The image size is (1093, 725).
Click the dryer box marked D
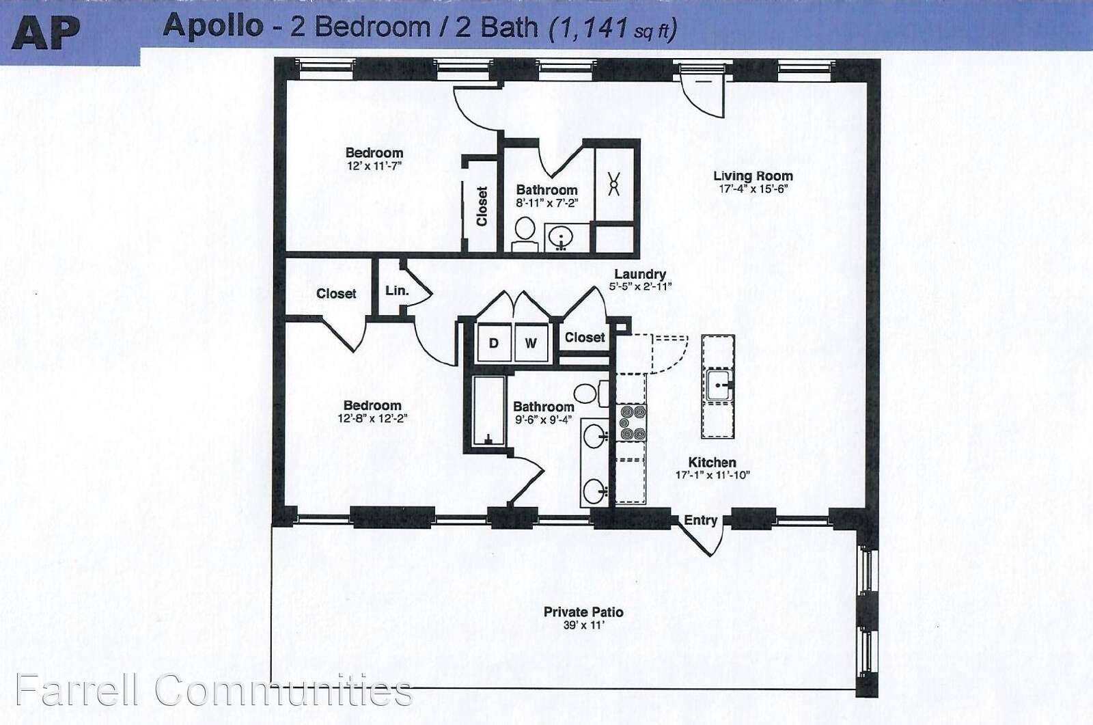click(x=495, y=343)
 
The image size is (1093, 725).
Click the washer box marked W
click(x=531, y=343)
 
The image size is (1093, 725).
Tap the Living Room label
click(x=753, y=176)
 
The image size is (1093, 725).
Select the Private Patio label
click(x=583, y=612)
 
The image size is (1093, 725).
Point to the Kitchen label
click(x=712, y=462)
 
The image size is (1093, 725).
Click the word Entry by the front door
click(x=701, y=521)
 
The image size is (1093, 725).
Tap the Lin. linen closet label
click(x=397, y=290)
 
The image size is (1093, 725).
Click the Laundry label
click(x=640, y=275)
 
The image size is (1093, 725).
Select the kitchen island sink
click(x=718, y=385)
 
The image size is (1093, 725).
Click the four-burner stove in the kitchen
click(x=632, y=423)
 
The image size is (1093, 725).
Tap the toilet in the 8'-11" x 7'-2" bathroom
click(x=525, y=234)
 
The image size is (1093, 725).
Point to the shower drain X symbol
click(x=614, y=184)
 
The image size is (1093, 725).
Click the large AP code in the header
click(x=46, y=34)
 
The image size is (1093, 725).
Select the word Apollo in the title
click(x=213, y=25)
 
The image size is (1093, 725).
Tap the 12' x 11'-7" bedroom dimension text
click(x=374, y=166)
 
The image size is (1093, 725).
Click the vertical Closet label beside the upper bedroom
click(x=482, y=206)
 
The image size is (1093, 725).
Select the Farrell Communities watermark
click(x=214, y=690)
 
